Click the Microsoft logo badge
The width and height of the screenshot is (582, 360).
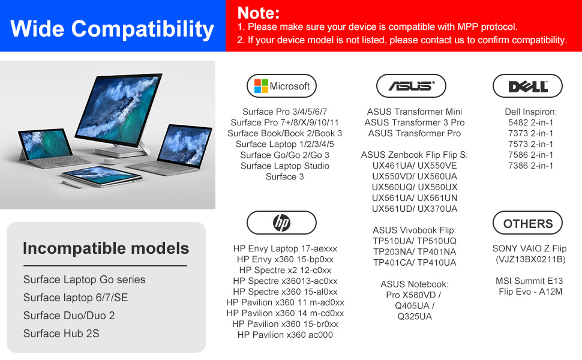tap(281, 86)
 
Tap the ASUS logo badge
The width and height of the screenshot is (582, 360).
tap(411, 86)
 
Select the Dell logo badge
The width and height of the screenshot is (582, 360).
tap(527, 86)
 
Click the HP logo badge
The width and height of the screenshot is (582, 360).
tap(281, 223)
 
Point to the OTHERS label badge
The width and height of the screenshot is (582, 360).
tap(527, 223)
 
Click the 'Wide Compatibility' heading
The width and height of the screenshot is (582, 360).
tap(112, 29)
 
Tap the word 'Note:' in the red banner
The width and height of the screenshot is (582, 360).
tap(259, 13)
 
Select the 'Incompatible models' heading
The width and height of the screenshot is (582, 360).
tap(106, 248)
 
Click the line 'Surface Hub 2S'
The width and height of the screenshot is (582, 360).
tap(61, 334)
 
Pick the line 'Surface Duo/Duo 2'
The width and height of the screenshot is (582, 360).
tap(69, 316)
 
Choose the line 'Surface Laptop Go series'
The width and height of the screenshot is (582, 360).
tap(84, 280)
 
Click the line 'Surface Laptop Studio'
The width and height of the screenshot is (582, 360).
tap(284, 166)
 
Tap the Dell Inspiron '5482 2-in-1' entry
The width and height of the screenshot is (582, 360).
tap(530, 122)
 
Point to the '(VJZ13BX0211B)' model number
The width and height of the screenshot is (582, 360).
tap(530, 259)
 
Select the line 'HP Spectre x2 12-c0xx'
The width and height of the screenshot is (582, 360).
tap(285, 270)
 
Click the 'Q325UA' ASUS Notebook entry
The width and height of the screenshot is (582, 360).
tap(415, 317)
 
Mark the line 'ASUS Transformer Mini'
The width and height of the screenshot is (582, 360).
tap(415, 112)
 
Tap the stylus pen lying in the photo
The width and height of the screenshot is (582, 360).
tap(72, 185)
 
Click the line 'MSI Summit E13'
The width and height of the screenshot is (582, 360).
tap(529, 281)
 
